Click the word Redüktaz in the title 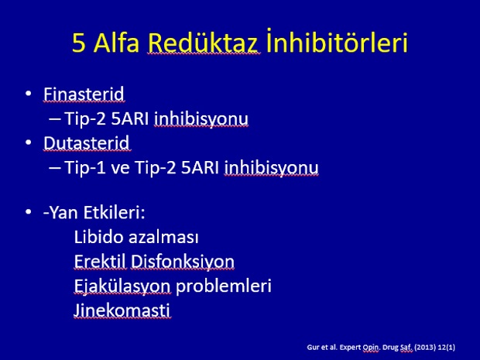204,43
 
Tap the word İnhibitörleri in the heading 337,41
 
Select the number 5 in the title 79,43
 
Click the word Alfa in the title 116,43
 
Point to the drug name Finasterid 84,94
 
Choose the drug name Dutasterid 87,143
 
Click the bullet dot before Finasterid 29,93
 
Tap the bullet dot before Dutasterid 29,142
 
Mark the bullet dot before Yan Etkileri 29,211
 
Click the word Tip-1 85,168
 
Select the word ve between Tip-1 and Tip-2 120,169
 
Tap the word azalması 164,237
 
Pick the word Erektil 100,262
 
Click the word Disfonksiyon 183,262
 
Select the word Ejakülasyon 122,286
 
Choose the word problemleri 224,286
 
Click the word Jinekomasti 122,310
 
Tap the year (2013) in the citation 424,347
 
